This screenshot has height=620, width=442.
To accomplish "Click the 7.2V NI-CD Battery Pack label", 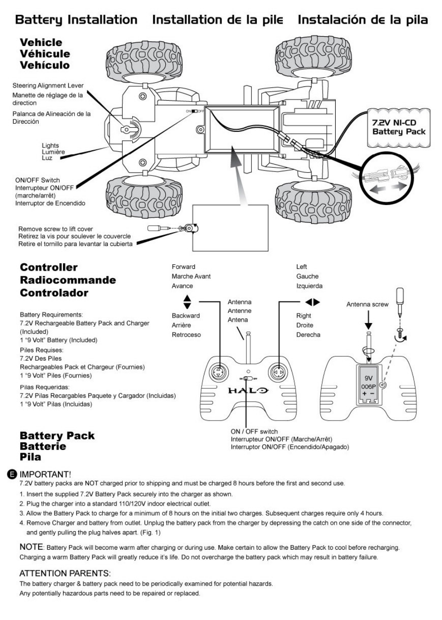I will click(x=399, y=127).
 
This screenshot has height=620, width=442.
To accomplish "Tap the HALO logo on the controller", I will click(x=247, y=391).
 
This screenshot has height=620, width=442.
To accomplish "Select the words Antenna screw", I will click(x=367, y=304).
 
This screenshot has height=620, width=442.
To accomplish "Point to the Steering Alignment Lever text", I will click(x=48, y=85).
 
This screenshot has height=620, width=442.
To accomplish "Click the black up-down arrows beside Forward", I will click(x=187, y=301).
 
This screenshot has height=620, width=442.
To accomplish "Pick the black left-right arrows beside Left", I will click(x=313, y=302).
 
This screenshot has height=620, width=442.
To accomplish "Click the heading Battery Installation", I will click(x=76, y=20).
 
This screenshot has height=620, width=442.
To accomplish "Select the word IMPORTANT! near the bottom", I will click(x=45, y=474).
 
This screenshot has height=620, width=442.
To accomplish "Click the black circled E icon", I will click(x=12, y=474).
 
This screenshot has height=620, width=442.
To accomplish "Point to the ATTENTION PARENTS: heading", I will click(x=65, y=573).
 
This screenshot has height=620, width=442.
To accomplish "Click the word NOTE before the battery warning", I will click(x=31, y=547).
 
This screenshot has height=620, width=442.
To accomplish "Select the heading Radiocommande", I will click(x=68, y=280).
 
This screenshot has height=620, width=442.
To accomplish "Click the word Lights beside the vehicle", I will click(x=50, y=146).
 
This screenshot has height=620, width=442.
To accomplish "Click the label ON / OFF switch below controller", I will click(x=254, y=432).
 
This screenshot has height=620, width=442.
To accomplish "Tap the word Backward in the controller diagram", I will click(x=186, y=316).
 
